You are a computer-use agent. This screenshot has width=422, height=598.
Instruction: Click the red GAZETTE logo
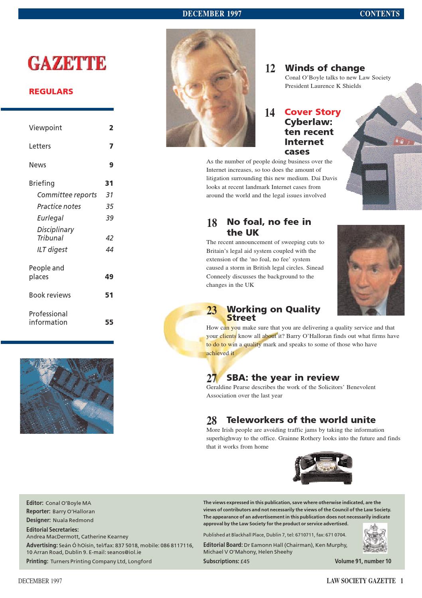[x=67, y=64]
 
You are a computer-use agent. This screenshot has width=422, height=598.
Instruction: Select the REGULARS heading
[x=51, y=91]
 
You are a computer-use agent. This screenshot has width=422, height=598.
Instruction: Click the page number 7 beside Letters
[x=111, y=146]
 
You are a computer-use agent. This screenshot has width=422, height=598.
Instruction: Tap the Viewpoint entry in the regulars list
[x=45, y=128]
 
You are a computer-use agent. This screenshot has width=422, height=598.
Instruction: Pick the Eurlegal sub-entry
[x=50, y=218]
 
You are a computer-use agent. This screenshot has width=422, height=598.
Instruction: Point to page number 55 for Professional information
[x=109, y=322]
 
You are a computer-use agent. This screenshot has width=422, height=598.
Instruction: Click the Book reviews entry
[x=50, y=295]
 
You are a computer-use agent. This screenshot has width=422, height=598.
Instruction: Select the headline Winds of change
[x=325, y=68]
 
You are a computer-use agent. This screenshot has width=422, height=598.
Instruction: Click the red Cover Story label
[x=312, y=112]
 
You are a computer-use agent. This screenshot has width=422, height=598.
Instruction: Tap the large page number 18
[x=212, y=223]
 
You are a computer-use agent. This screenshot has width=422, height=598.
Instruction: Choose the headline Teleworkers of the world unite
[x=301, y=420]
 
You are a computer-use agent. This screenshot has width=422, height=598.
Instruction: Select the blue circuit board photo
[x=67, y=396]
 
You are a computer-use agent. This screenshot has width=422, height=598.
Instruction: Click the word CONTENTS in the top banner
[x=379, y=14]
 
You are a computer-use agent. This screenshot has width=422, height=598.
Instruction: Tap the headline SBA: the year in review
[x=283, y=377]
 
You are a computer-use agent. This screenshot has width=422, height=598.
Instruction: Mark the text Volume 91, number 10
[x=363, y=561]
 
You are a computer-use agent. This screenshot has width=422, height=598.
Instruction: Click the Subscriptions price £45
[x=245, y=561]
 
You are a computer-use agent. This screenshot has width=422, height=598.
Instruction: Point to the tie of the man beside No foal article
[x=372, y=311]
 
